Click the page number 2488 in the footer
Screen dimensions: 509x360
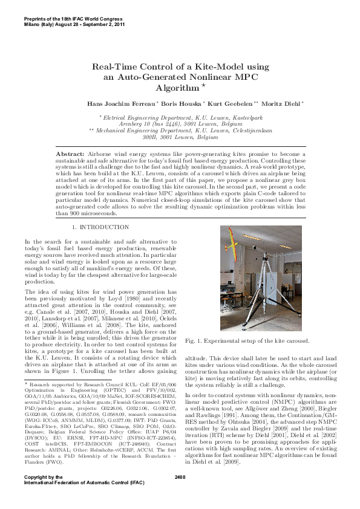click(180, 494)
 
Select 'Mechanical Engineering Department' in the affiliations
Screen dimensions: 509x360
click(142, 130)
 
